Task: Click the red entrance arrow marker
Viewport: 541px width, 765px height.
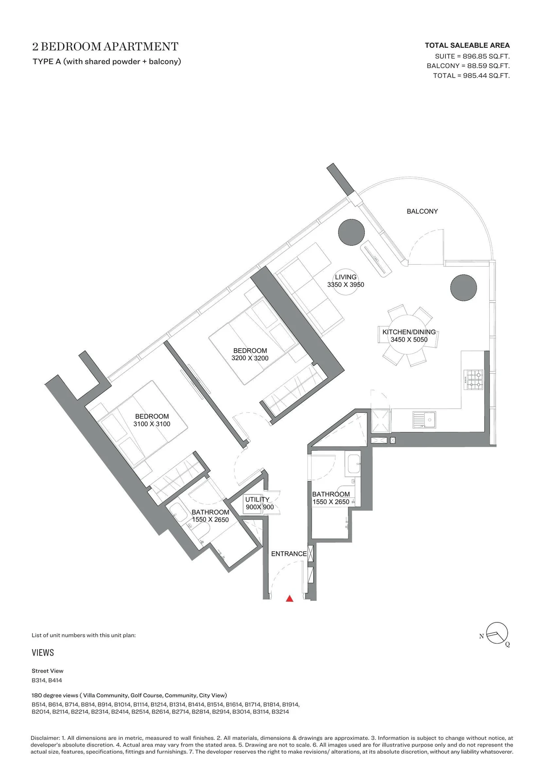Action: pyautogui.click(x=289, y=599)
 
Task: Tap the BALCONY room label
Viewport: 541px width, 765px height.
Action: pyautogui.click(x=422, y=212)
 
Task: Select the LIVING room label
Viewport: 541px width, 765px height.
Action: pyautogui.click(x=345, y=277)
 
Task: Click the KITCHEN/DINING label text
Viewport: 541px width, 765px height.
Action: pyautogui.click(x=409, y=332)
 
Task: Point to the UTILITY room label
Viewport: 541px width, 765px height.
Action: pyautogui.click(x=257, y=499)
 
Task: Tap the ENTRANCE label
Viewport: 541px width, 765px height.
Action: pyautogui.click(x=289, y=553)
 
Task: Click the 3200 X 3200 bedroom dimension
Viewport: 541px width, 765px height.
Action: pyautogui.click(x=250, y=358)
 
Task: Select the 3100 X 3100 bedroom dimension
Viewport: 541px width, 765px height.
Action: pyautogui.click(x=151, y=424)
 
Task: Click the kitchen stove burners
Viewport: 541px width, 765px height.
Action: pyautogui.click(x=475, y=380)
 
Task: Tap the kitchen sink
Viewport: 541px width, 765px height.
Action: pyautogui.click(x=424, y=420)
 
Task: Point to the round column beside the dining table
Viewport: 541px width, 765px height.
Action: pyautogui.click(x=463, y=288)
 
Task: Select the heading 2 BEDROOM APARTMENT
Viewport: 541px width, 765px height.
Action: pyautogui.click(x=105, y=46)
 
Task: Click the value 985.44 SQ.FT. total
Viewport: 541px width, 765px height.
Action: pyautogui.click(x=486, y=75)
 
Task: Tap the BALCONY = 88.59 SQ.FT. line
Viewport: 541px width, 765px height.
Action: pyautogui.click(x=468, y=65)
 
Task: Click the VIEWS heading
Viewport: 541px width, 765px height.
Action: pyautogui.click(x=43, y=652)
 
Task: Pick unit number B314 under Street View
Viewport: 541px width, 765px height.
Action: pyautogui.click(x=39, y=680)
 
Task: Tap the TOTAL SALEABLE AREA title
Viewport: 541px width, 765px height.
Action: pyautogui.click(x=467, y=46)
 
